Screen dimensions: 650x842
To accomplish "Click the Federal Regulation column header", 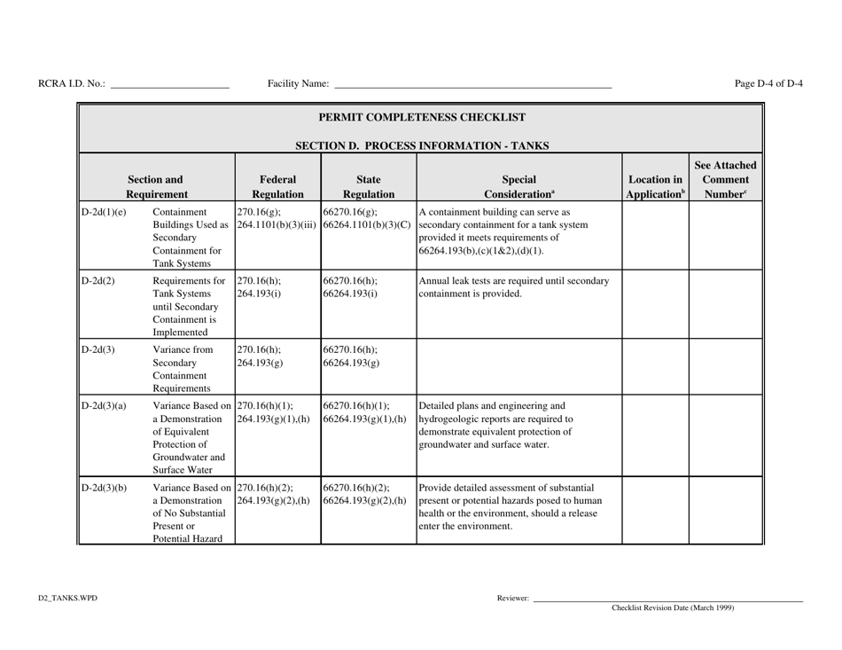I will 277,178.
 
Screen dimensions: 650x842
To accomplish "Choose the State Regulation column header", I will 368,178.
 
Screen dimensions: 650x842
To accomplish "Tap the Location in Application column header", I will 655,178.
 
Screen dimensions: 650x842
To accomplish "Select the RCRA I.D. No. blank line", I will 169,86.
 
